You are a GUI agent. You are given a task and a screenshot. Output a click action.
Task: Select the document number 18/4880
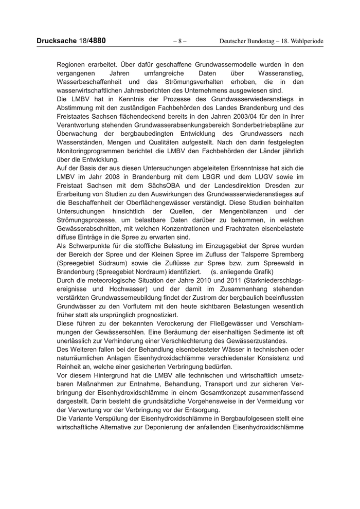(x=94, y=41)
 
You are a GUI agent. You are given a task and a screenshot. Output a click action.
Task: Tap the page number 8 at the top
(x=179, y=41)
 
